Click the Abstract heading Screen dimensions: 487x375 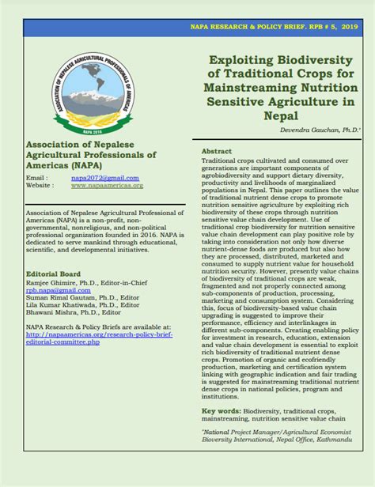point(217,150)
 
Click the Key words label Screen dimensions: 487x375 point(221,411)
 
